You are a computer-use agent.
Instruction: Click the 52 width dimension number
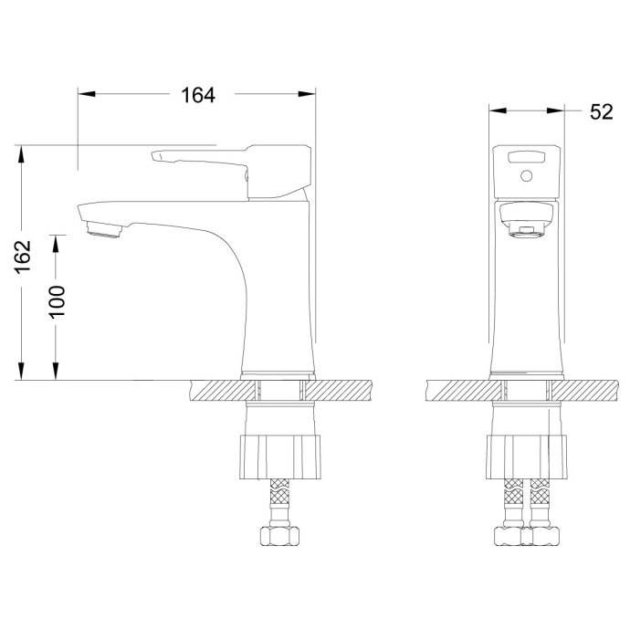(600, 111)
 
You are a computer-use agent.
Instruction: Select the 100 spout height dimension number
(58, 300)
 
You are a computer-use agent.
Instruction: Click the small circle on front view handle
(526, 174)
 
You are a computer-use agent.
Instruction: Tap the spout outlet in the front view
(526, 230)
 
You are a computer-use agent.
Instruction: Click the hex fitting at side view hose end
(280, 535)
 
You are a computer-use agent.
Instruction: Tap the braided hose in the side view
(280, 503)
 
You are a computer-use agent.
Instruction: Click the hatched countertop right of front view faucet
(589, 390)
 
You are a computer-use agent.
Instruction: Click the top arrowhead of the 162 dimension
(20, 152)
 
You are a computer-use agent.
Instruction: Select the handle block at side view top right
(278, 171)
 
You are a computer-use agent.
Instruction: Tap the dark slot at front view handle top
(526, 156)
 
